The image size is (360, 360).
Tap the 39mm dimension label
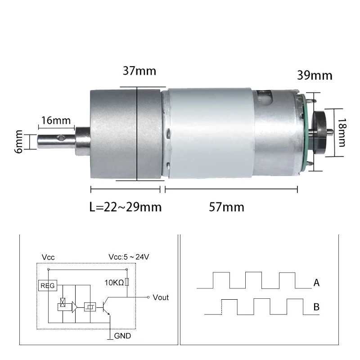click(315, 75)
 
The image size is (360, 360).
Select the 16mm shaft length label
click(56, 121)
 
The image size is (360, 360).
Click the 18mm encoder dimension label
click(342, 132)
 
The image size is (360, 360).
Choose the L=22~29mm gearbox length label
click(125, 207)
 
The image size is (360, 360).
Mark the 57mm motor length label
click(227, 207)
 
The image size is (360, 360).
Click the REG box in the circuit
click(47, 285)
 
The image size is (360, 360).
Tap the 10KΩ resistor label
click(114, 283)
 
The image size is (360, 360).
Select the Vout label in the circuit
click(161, 297)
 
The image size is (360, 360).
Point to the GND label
click(123, 336)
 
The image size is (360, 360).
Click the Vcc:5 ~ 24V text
click(129, 257)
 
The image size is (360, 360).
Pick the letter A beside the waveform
click(316, 283)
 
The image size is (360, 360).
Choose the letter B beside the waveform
click(316, 307)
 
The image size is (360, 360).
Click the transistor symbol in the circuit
click(106, 308)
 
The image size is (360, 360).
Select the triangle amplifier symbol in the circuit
click(74, 307)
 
